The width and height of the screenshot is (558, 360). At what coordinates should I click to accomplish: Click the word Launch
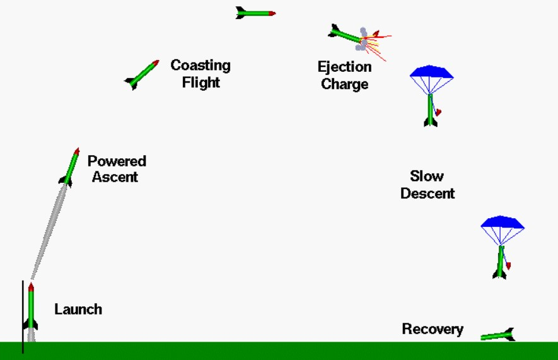78,309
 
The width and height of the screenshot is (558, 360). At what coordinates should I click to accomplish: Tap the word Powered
117,161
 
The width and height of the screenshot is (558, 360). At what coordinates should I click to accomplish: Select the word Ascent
115,177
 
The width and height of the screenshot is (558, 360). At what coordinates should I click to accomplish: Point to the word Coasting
201,66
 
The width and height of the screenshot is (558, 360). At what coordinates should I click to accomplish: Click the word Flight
201,82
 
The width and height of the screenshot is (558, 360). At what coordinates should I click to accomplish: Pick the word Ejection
344,67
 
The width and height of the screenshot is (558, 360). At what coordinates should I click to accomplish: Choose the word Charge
344,84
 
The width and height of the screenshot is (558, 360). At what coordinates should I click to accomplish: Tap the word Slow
427,176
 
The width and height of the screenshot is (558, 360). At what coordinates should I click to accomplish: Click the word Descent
427,193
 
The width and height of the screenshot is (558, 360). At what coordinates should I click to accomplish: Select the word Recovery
433,329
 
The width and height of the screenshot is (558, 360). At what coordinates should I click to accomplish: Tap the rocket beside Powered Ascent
69,166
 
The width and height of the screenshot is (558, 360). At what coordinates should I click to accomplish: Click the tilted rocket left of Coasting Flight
142,74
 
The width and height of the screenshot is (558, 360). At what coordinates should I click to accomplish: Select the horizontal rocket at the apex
255,12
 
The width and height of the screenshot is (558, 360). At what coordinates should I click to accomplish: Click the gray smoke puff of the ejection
363,38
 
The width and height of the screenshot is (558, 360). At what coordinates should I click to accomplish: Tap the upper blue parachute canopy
431,72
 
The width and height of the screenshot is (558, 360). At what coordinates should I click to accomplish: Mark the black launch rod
23,315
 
